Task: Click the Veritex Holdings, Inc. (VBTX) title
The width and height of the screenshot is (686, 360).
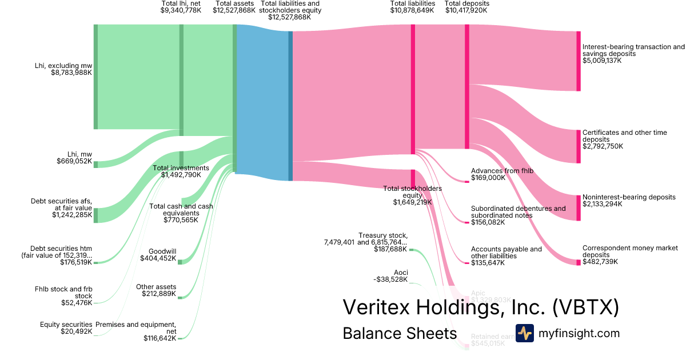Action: point(480,307)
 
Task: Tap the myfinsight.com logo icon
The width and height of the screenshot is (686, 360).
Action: point(524,333)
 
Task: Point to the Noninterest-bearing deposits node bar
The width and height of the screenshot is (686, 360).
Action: point(578,207)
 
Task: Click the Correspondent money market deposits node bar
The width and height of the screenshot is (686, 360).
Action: point(578,262)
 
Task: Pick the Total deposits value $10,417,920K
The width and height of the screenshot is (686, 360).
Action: point(466,11)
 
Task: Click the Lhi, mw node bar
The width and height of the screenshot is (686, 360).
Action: point(95,165)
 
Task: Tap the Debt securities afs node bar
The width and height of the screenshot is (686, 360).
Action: point(95,215)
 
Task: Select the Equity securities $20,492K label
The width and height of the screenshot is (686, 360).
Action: point(66,327)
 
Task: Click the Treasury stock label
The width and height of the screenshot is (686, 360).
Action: point(383,235)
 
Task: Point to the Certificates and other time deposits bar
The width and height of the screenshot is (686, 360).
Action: point(578,146)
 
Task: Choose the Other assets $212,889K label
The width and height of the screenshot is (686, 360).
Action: point(156,290)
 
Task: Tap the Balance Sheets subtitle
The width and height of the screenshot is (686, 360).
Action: point(400,334)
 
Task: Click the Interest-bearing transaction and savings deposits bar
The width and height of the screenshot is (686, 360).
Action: point(578,61)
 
